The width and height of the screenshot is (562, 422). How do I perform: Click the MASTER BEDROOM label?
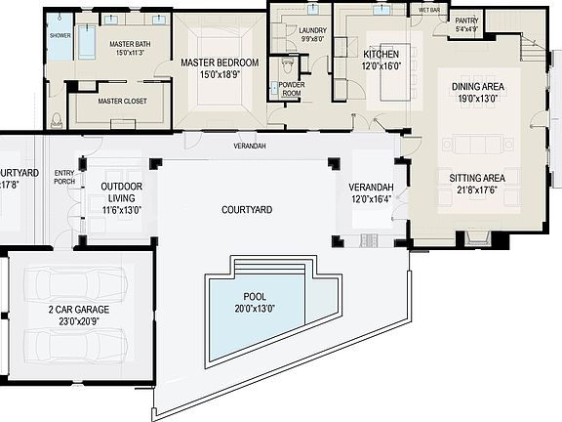[x=220, y=63]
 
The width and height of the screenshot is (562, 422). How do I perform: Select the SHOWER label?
[x=60, y=36]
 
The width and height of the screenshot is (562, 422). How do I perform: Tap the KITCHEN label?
[x=381, y=53]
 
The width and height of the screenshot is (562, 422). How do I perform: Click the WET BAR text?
[x=429, y=9]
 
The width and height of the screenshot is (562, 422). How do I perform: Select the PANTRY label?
[x=466, y=20]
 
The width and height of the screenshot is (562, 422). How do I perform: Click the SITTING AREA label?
[x=476, y=178]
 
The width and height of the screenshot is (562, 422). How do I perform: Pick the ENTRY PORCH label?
[x=64, y=177]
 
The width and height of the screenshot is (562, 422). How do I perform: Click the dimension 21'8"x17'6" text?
[x=476, y=190]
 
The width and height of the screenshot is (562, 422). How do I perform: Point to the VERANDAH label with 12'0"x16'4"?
[x=371, y=187]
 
